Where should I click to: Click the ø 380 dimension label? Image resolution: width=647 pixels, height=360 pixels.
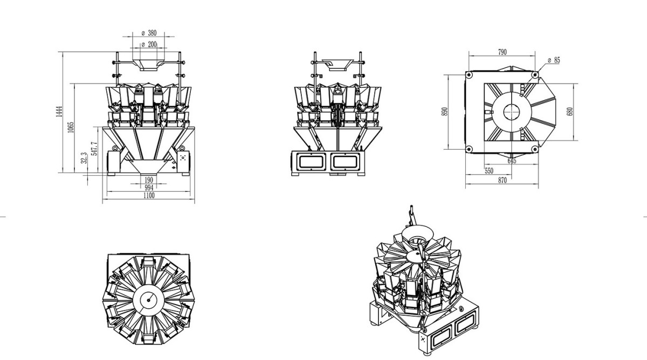149,32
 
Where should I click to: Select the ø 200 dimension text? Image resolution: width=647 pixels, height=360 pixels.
149,45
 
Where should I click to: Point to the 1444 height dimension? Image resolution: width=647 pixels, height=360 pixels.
60,112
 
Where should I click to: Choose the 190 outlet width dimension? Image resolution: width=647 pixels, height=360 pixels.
149,179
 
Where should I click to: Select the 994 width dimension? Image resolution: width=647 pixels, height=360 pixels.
149,188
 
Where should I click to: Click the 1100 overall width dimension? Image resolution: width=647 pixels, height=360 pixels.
149,196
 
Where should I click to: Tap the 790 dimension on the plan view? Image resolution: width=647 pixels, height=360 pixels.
502,52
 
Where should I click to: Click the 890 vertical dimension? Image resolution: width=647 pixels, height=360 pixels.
445,112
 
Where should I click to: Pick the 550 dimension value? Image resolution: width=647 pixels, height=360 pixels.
488,171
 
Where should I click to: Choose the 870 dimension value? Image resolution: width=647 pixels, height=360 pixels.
502,181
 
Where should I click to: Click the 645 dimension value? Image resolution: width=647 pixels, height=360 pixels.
511,161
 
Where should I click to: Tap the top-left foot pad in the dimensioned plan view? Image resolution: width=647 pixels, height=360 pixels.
469,74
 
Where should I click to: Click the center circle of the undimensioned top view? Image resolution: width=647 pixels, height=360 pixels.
146,299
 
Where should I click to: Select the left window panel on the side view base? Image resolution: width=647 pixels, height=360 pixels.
309,161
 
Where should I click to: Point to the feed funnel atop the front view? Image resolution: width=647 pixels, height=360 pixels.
149,64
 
